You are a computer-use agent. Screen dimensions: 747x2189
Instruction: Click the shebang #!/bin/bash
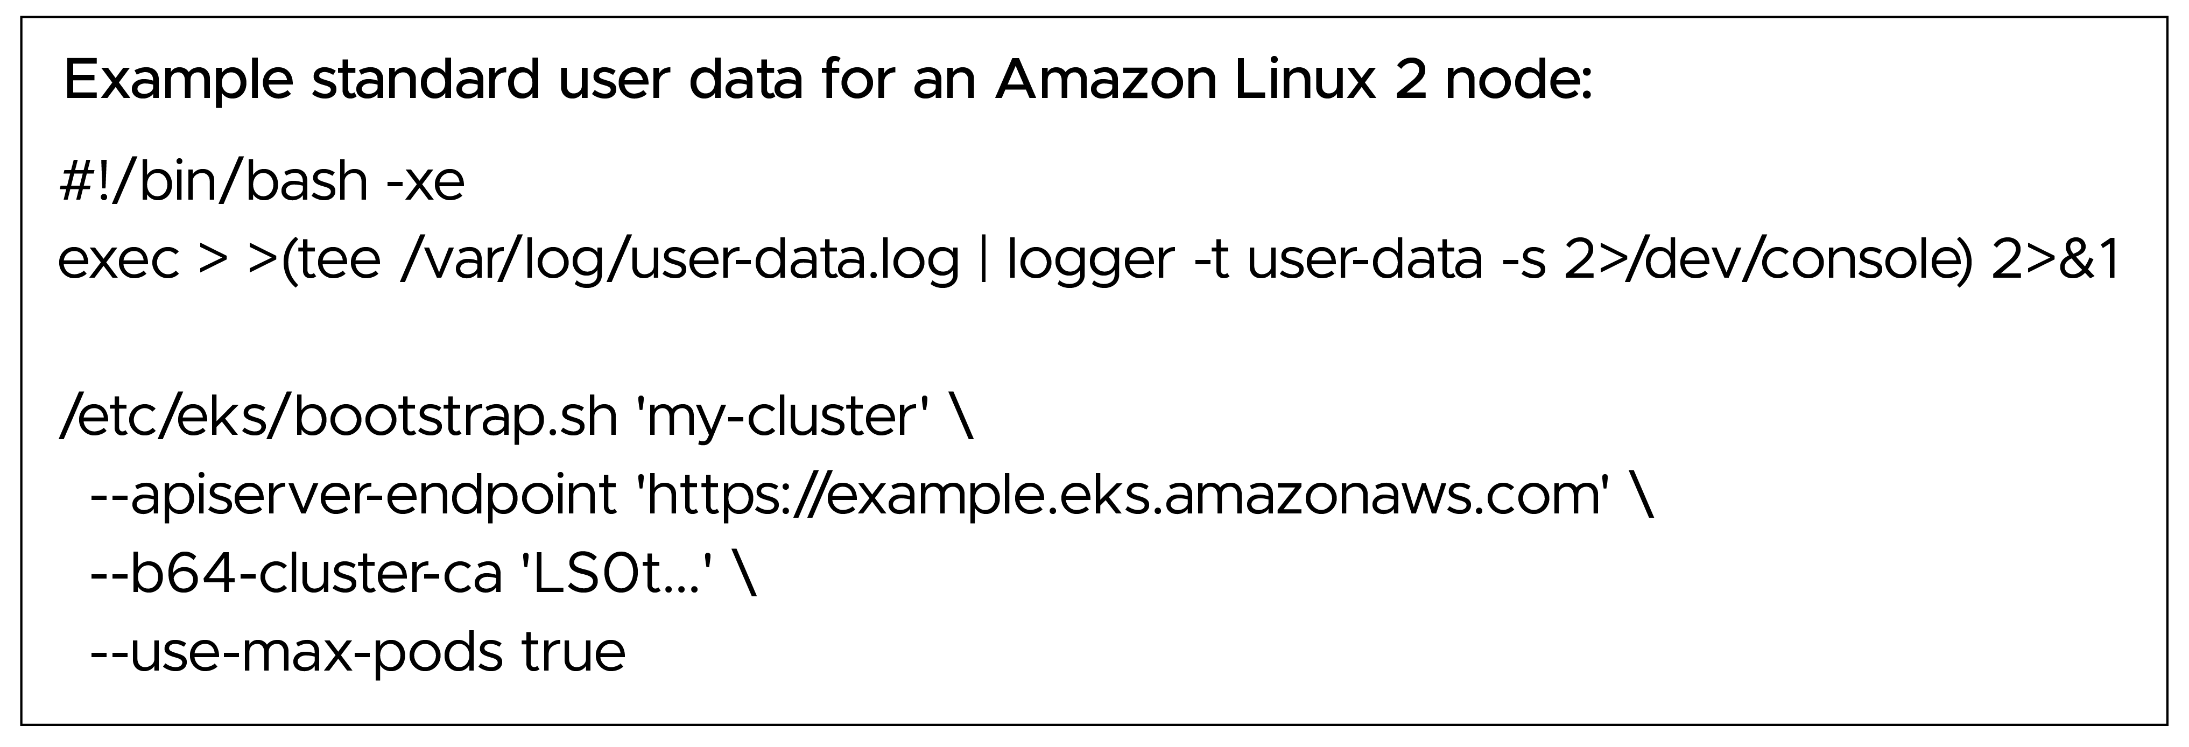[213, 182]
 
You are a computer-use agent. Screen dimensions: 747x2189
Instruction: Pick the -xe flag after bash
[424, 182]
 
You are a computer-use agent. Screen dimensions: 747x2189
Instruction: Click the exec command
[117, 260]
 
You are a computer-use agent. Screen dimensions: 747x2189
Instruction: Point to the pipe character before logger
[983, 260]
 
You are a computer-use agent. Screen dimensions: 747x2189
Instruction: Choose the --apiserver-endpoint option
[352, 496]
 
